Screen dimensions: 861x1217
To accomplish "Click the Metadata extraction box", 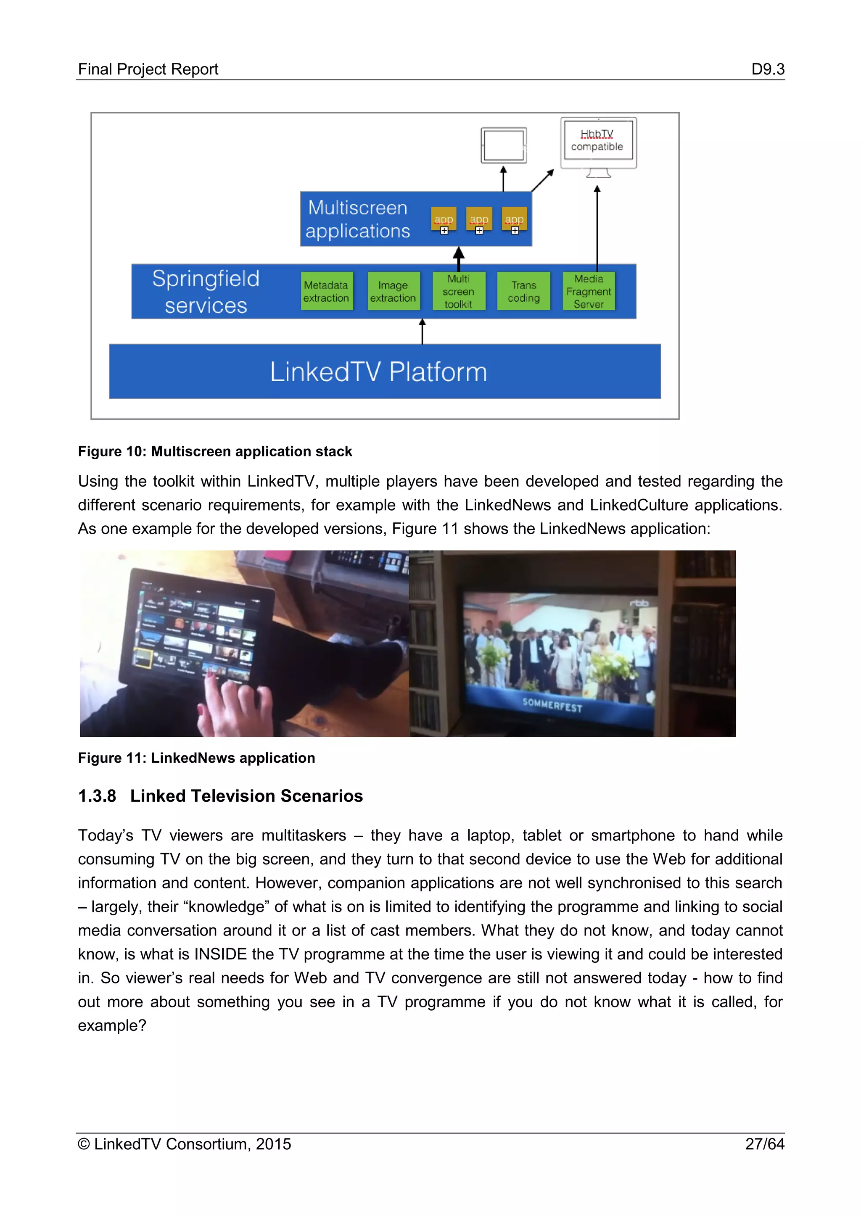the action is click(x=326, y=291).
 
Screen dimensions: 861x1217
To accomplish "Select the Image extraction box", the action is click(x=393, y=291).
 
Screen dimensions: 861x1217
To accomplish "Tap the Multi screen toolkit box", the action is click(x=459, y=291).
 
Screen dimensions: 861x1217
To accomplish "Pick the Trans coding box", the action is click(x=524, y=291).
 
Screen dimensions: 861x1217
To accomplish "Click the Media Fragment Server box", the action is click(x=589, y=291).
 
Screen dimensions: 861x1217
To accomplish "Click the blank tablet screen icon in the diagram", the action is click(x=504, y=145).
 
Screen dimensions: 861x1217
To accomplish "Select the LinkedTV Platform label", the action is click(x=378, y=371).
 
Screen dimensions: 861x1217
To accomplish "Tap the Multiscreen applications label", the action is click(x=358, y=219).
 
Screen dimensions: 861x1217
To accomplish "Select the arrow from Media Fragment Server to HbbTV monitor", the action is click(x=597, y=228).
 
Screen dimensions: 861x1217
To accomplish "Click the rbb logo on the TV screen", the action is click(x=639, y=603).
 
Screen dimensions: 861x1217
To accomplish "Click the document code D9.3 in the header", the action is click(x=767, y=69).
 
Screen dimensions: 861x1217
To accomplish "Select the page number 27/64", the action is click(x=764, y=1144).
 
